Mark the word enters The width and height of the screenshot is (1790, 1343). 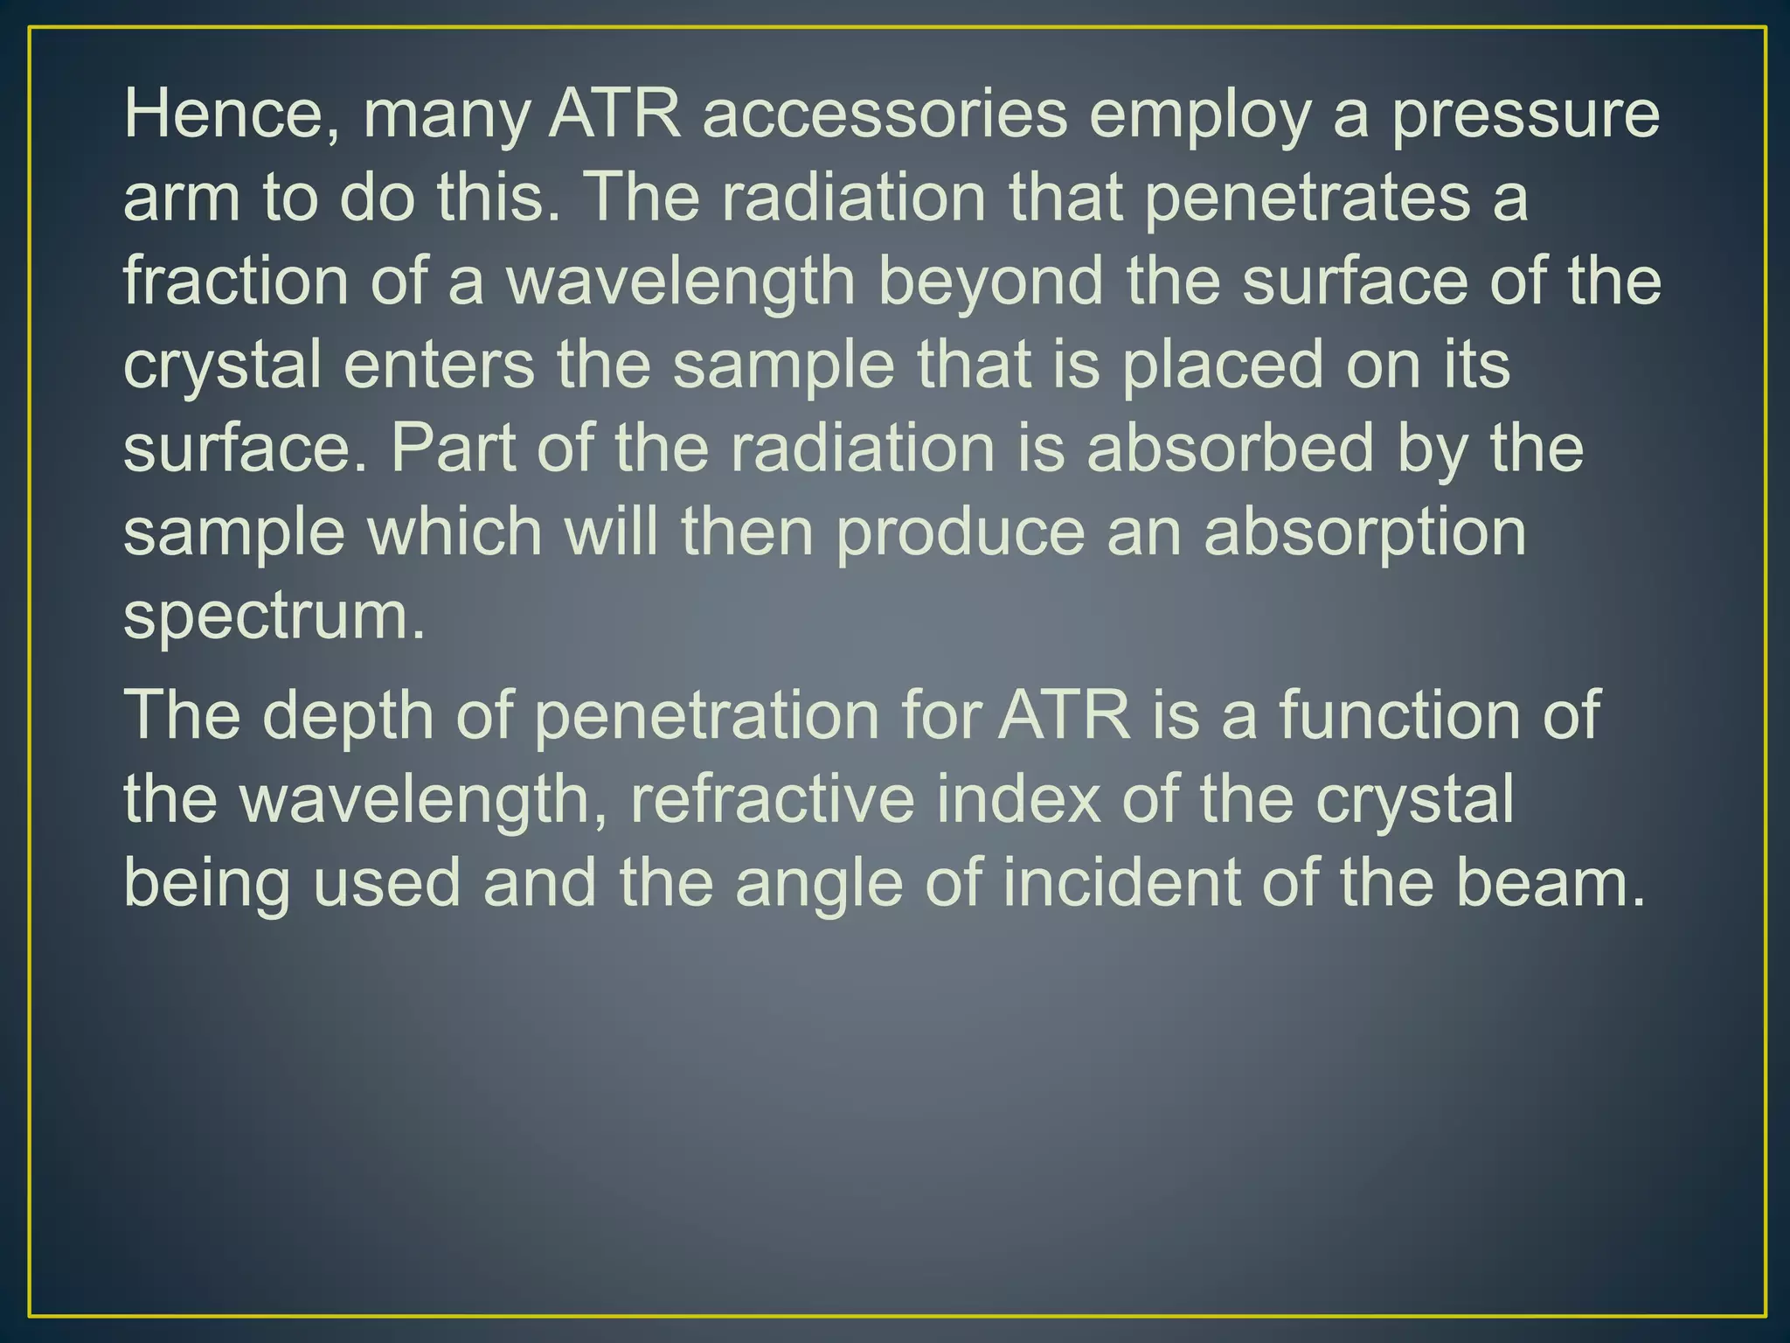pyautogui.click(x=438, y=365)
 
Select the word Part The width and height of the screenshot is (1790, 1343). pyautogui.click(x=453, y=449)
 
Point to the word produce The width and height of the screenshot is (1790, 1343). pyautogui.click(x=960, y=532)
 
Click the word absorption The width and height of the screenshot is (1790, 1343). pyautogui.click(x=1364, y=532)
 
